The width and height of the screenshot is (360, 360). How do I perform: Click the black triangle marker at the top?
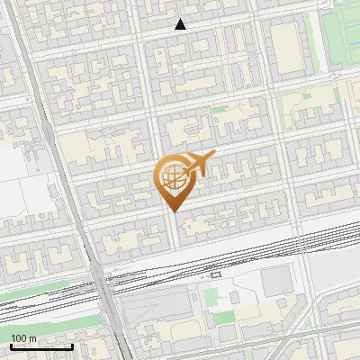point(181,25)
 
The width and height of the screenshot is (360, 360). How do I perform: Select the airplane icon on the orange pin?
point(194,166)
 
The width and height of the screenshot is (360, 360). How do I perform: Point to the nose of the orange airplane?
point(213,156)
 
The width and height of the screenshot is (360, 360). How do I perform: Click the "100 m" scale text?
point(24,338)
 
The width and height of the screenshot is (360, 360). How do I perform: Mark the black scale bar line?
point(40,346)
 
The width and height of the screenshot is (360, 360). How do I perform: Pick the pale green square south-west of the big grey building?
point(224,317)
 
